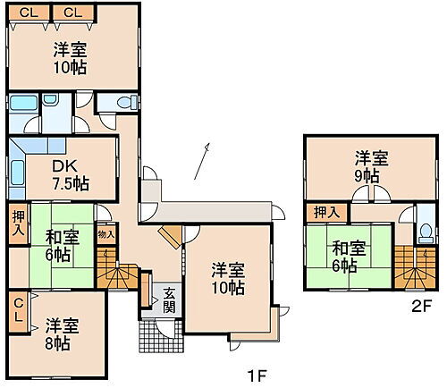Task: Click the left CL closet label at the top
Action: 30,12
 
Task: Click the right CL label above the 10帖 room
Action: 73,12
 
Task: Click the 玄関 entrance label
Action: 167,299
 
